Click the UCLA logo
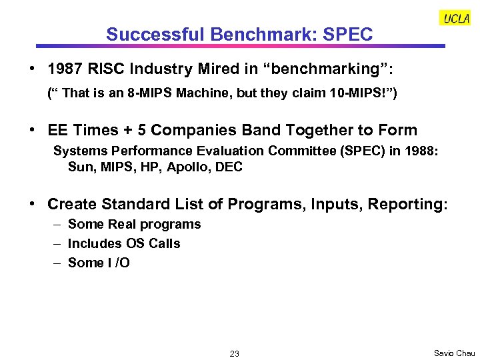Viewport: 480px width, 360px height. tap(456, 19)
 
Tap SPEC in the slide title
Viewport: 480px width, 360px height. tap(349, 34)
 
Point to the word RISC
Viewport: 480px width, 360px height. tap(107, 69)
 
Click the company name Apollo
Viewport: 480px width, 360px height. tap(188, 167)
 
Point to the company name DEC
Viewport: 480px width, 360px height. tap(229, 167)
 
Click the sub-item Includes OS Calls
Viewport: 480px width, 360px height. tap(124, 243)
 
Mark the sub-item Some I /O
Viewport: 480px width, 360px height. tap(99, 263)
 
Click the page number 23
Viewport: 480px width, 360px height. tap(234, 353)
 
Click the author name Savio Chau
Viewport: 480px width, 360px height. tap(454, 352)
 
